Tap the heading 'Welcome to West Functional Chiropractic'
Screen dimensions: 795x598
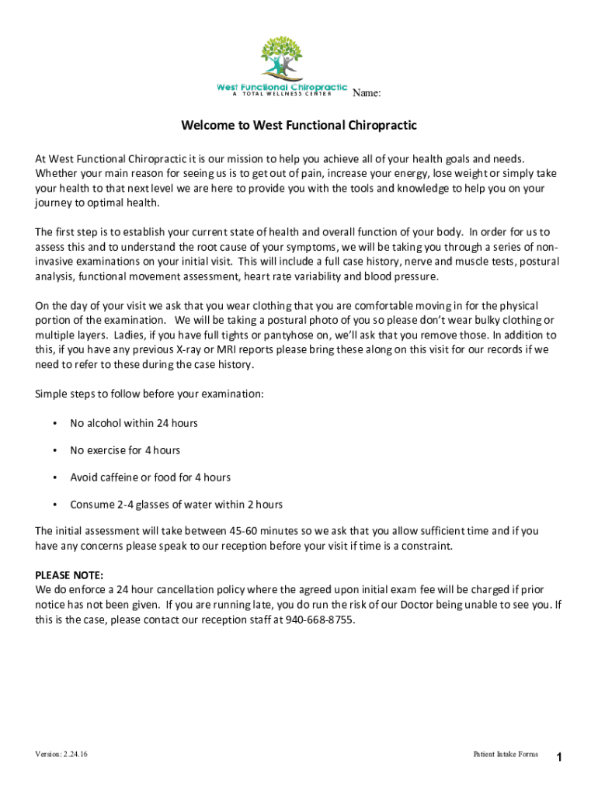click(x=299, y=125)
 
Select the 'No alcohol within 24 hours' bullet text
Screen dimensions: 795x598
click(x=134, y=423)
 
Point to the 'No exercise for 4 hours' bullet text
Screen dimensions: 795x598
click(x=125, y=450)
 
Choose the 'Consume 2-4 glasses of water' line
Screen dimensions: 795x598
click(x=176, y=505)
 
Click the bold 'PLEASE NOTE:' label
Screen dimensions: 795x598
click(x=69, y=575)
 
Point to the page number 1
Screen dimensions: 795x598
click(x=558, y=758)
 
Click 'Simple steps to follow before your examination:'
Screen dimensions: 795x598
click(x=149, y=394)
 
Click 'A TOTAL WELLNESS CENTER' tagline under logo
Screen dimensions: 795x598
click(x=281, y=94)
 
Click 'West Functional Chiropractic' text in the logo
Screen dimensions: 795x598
click(x=281, y=86)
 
